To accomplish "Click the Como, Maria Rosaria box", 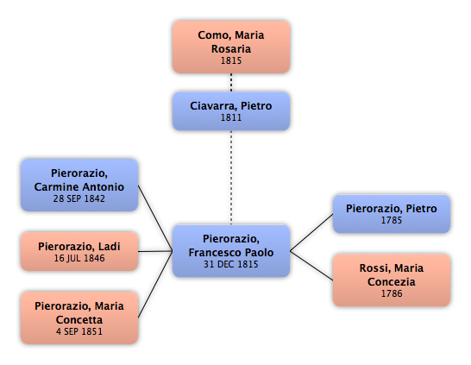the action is (231, 47).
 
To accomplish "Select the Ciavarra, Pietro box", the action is (231, 111).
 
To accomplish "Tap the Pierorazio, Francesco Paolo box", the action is (231, 251).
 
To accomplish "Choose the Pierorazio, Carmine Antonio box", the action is (79, 185).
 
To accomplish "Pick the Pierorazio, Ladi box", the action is (79, 251).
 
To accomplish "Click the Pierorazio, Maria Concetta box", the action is (79, 318).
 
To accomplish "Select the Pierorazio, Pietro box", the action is (392, 214).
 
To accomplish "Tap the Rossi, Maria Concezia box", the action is (392, 280).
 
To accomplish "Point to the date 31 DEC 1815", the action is (231, 264).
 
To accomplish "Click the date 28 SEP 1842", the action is (79, 198).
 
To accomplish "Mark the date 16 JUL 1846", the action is (79, 258).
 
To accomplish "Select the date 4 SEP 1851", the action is (79, 331).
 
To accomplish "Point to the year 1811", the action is (231, 117).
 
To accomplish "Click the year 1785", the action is (392, 220).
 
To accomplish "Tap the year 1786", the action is (392, 293).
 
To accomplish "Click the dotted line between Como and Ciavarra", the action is (231, 83).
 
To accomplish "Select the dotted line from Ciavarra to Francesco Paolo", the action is (231, 178).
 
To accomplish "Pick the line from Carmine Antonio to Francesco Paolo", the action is (155, 218).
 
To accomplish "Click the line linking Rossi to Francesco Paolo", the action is (311, 266).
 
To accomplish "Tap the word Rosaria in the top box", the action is (231, 48).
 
